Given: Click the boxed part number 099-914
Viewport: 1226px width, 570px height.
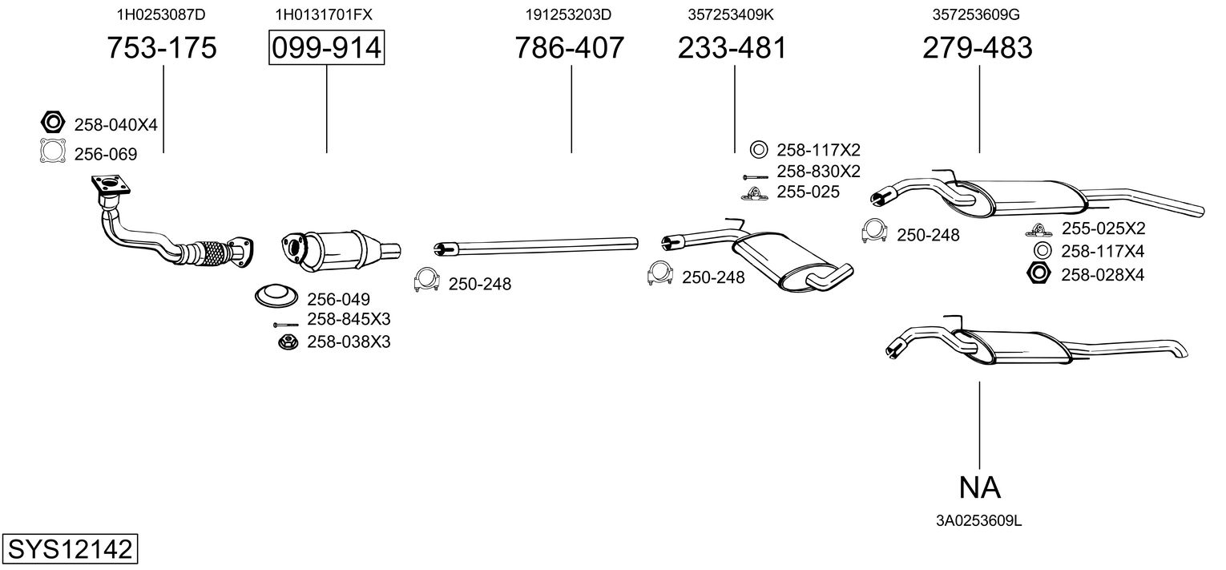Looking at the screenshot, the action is tap(326, 47).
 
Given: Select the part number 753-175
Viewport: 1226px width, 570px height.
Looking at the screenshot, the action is tap(161, 47).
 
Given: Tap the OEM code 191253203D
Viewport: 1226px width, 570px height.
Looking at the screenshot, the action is tap(568, 14).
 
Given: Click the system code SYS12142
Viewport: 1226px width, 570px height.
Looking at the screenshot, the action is tap(70, 549).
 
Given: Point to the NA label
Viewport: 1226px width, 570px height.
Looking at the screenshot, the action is tap(980, 487).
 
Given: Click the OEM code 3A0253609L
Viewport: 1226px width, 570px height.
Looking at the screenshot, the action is tap(978, 521).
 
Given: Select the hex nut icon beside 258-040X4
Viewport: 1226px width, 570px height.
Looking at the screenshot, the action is tap(53, 122).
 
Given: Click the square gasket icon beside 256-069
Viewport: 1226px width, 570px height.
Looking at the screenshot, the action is tap(53, 152).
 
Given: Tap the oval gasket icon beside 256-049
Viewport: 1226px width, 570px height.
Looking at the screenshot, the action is tap(276, 297).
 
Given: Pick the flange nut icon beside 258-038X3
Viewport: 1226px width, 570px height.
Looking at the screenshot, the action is tap(288, 342).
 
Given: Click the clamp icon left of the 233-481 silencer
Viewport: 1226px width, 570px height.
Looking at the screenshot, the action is tap(660, 273).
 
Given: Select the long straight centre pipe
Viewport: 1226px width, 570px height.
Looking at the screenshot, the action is tap(536, 246).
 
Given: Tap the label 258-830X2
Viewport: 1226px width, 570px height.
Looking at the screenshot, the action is tap(818, 172).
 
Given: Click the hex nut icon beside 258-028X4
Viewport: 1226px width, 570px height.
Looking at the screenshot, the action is tap(1038, 273).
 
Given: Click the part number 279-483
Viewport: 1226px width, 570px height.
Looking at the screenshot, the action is tap(978, 47).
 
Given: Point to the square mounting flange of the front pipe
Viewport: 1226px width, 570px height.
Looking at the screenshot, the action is tap(111, 185).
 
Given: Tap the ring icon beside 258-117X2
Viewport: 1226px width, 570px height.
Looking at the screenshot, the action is tap(759, 149).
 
